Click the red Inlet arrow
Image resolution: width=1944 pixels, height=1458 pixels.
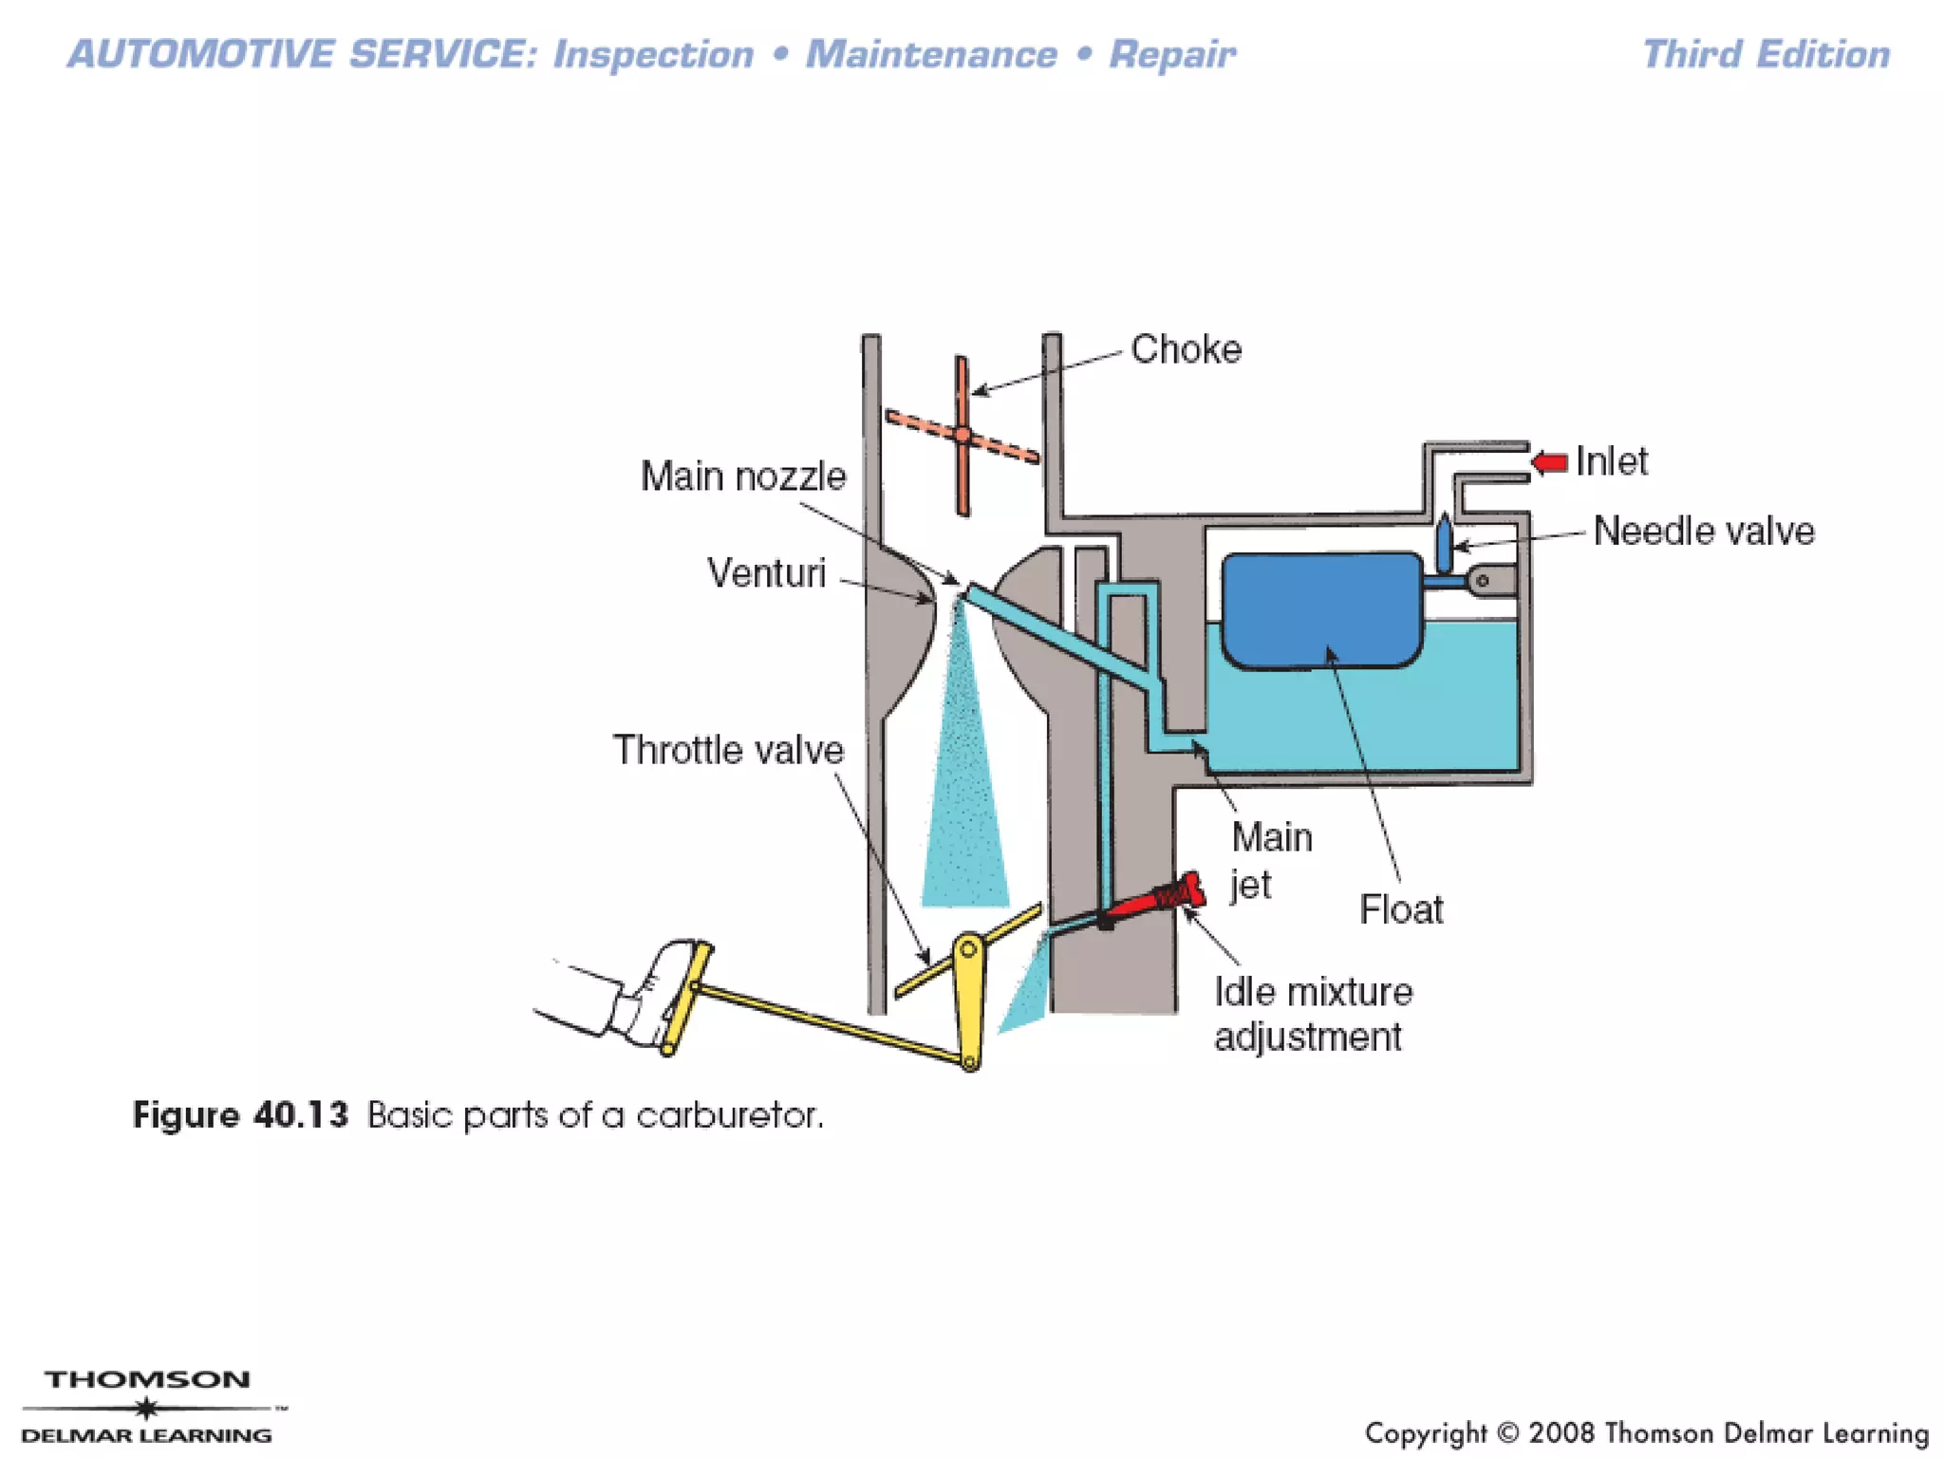1549,463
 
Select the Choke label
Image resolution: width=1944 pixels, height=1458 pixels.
1186,350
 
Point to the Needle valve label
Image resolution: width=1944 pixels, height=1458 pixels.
1703,531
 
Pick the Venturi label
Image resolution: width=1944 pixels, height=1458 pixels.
766,573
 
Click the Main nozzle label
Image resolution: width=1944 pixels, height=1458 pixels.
743,477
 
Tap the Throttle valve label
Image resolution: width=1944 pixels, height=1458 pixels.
728,750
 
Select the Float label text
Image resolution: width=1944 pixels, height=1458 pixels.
1401,909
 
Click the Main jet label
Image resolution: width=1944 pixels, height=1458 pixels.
1270,860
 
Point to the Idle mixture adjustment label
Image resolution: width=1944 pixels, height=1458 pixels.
1313,1014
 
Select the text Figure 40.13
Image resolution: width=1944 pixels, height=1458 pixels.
241,1114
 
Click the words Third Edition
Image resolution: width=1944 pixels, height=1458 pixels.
1766,54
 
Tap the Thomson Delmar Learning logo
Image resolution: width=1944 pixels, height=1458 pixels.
147,1406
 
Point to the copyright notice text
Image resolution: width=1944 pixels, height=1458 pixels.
1646,1432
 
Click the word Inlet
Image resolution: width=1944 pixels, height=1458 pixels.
1612,462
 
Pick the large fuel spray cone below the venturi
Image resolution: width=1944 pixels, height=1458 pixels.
964,778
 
